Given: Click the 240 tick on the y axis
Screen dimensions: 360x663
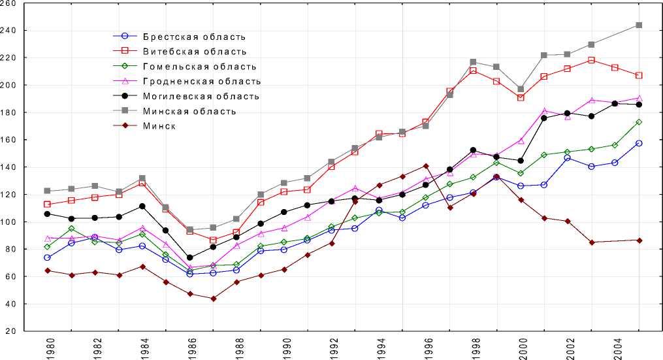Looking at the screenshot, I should [11, 30].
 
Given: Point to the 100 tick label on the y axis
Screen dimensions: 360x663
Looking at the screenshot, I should [11, 222].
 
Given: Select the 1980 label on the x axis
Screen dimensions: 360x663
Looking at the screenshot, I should [47, 347].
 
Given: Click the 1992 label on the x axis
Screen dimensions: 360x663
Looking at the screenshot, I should [331, 347].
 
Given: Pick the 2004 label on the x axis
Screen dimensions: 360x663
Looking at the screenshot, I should [615, 347].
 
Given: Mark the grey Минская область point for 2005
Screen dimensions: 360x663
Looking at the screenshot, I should [639, 25].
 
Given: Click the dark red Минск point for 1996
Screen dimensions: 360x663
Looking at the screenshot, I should [426, 166].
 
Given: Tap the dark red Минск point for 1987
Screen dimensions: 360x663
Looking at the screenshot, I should [213, 299].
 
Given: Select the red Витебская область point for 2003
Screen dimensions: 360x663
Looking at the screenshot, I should [592, 60].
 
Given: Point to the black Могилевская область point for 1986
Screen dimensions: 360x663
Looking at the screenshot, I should [189, 257].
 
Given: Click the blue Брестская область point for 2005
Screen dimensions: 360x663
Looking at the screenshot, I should [639, 143].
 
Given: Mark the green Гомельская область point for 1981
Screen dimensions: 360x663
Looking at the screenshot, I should [71, 229].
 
